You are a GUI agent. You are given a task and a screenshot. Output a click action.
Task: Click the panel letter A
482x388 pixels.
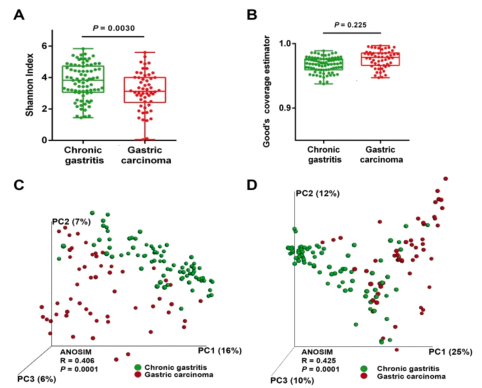pos(19,15)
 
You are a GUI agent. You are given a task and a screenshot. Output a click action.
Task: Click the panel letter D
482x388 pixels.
pos(252,185)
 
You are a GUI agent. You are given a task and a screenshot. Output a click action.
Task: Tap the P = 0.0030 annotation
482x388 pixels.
pos(114,28)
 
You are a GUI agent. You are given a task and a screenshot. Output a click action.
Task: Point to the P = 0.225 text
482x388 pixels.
pos(350,25)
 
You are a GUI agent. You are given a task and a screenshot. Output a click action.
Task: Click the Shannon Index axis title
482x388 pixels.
pos(30,85)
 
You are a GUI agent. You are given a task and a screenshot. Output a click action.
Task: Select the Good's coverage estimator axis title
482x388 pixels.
pos(267,91)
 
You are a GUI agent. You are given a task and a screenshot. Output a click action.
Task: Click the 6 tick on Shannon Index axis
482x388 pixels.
pos(45,46)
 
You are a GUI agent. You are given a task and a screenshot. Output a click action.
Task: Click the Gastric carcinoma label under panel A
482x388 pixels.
pos(146,155)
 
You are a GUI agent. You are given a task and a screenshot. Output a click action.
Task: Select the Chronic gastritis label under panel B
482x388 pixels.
pos(324,155)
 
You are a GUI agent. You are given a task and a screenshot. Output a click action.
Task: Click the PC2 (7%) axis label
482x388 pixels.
pos(71,221)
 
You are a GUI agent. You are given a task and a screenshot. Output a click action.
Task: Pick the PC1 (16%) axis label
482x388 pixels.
pos(220,351)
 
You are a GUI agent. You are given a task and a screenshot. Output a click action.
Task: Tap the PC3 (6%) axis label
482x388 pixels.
pos(37,379)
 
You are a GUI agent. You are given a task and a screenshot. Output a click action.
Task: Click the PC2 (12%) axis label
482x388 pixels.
pos(317,193)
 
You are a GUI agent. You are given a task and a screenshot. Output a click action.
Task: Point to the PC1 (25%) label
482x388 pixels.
pos(451,352)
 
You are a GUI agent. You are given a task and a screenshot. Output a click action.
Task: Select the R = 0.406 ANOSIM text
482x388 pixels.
pos(77,361)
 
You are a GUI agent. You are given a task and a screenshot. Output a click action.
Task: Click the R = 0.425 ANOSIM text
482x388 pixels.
pos(319,361)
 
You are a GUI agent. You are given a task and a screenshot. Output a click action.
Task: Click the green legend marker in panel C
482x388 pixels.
pos(138,368)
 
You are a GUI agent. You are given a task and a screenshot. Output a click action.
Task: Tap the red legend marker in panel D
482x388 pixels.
pos(364,376)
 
